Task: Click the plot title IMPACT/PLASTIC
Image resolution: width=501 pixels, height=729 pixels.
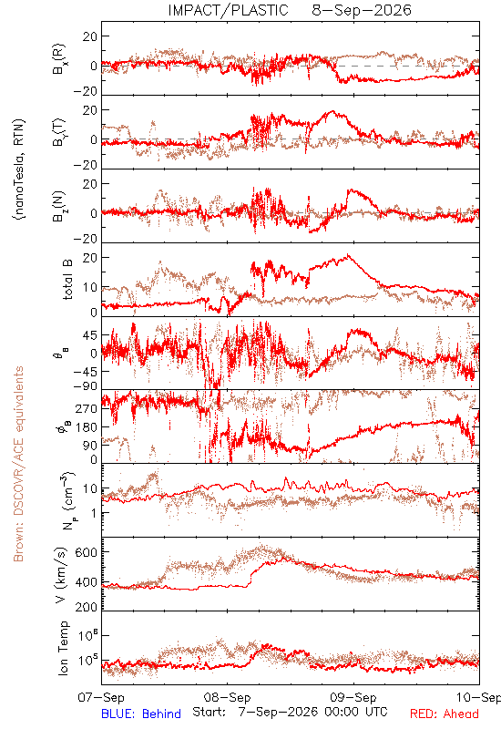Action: pyautogui.click(x=228, y=10)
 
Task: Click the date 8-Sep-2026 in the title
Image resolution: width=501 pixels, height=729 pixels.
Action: pyautogui.click(x=362, y=10)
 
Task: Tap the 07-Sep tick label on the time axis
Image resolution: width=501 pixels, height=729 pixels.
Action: pyautogui.click(x=101, y=697)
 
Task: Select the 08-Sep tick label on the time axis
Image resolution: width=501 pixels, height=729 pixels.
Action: pyautogui.click(x=227, y=697)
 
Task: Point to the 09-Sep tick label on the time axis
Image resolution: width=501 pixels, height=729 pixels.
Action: pyautogui.click(x=353, y=697)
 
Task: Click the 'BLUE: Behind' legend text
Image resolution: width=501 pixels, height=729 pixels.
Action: pyautogui.click(x=141, y=714)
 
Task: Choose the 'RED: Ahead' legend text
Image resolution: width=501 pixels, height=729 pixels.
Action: pyautogui.click(x=445, y=714)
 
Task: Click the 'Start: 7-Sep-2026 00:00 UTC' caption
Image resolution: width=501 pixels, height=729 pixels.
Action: pyautogui.click(x=290, y=712)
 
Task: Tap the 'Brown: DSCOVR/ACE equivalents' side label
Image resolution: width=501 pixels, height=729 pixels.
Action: pyautogui.click(x=18, y=464)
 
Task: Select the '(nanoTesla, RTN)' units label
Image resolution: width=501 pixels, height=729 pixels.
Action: pyautogui.click(x=19, y=169)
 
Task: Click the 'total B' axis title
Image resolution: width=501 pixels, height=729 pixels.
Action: pyautogui.click(x=66, y=280)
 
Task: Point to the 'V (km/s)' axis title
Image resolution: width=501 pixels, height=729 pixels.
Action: pyautogui.click(x=61, y=575)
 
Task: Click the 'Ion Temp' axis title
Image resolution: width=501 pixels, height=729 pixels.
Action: pyautogui.click(x=63, y=648)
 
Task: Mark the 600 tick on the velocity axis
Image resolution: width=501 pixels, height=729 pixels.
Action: pyautogui.click(x=87, y=552)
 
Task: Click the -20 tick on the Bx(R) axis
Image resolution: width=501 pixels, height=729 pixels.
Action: pyautogui.click(x=85, y=92)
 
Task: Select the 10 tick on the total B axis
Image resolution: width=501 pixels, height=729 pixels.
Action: pyautogui.click(x=89, y=287)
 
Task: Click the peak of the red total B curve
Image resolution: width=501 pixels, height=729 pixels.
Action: pyautogui.click(x=348, y=255)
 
